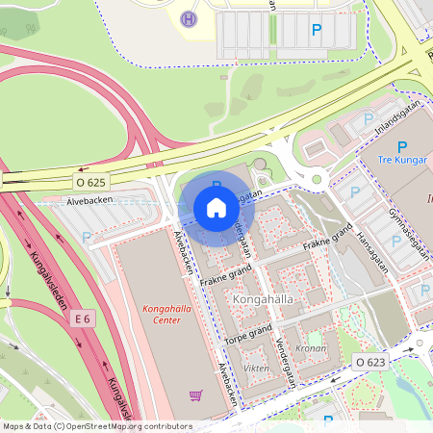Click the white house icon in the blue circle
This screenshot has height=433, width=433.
tap(216, 208)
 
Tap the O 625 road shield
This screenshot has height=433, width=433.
tap(91, 181)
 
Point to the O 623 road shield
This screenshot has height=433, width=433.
tap(369, 362)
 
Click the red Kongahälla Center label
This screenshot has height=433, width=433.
tap(168, 315)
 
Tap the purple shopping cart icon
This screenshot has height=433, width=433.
tap(196, 395)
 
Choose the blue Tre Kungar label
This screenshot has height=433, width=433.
tap(401, 160)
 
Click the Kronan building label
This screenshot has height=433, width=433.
tap(310, 348)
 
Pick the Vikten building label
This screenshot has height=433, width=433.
tap(256, 368)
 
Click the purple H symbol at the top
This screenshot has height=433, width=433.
tap(189, 18)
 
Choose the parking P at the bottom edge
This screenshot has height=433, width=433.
tap(328, 420)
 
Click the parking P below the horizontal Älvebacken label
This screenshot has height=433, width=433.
tap(87, 237)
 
